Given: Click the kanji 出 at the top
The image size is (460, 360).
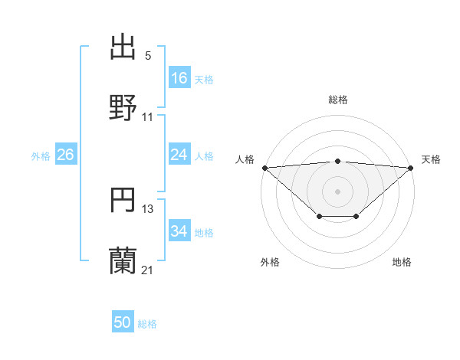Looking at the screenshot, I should pyautogui.click(x=123, y=47).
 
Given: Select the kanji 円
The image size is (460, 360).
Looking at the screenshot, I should pyautogui.click(x=123, y=201).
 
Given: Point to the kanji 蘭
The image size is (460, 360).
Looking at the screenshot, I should pyautogui.click(x=123, y=260).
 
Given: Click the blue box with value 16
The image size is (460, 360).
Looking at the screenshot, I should pyautogui.click(x=179, y=77).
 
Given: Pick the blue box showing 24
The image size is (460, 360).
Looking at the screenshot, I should pyautogui.click(x=179, y=155).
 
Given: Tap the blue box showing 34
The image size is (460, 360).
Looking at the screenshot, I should pyautogui.click(x=179, y=231).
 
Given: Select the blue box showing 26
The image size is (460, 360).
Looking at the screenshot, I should pyautogui.click(x=65, y=155).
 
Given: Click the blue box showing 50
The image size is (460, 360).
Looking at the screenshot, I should pyautogui.click(x=123, y=322).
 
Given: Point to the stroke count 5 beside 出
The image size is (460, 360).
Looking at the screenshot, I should pyautogui.click(x=148, y=56).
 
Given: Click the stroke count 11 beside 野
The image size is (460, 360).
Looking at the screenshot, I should pyautogui.click(x=148, y=117).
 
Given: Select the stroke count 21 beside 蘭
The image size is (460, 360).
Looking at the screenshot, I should pyautogui.click(x=148, y=270).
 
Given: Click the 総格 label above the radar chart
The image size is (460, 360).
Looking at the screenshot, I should pyautogui.click(x=338, y=100).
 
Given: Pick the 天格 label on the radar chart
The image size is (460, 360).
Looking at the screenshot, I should pyautogui.click(x=431, y=159).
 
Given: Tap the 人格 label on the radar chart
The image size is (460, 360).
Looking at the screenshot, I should pyautogui.click(x=245, y=159).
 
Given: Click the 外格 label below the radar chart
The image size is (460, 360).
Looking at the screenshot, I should pyautogui.click(x=270, y=262).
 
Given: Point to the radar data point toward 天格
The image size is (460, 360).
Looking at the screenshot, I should pyautogui.click(x=412, y=167).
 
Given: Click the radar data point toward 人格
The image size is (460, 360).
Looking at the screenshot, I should pyautogui.click(x=264, y=167).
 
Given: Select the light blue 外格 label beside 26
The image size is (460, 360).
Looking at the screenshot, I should pyautogui.click(x=41, y=155).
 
